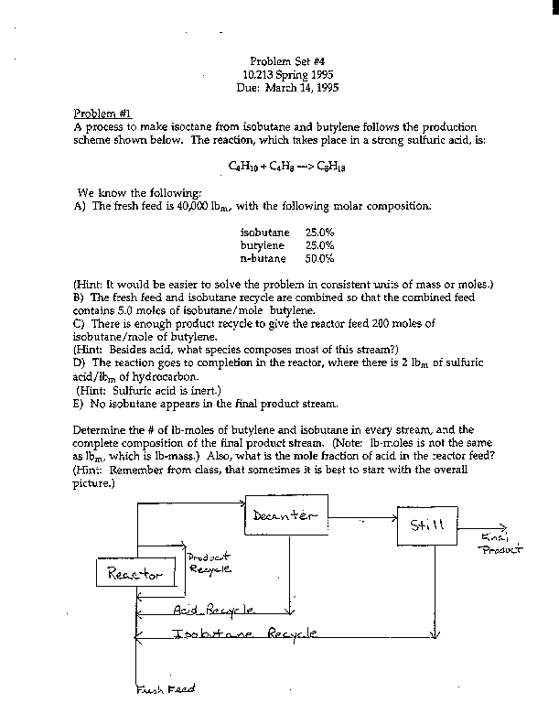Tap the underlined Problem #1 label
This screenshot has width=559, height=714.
tap(102, 113)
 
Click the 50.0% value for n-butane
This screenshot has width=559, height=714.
tap(319, 259)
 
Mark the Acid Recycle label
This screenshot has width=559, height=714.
tap(214, 608)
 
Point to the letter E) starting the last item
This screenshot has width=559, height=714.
tap(78, 402)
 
